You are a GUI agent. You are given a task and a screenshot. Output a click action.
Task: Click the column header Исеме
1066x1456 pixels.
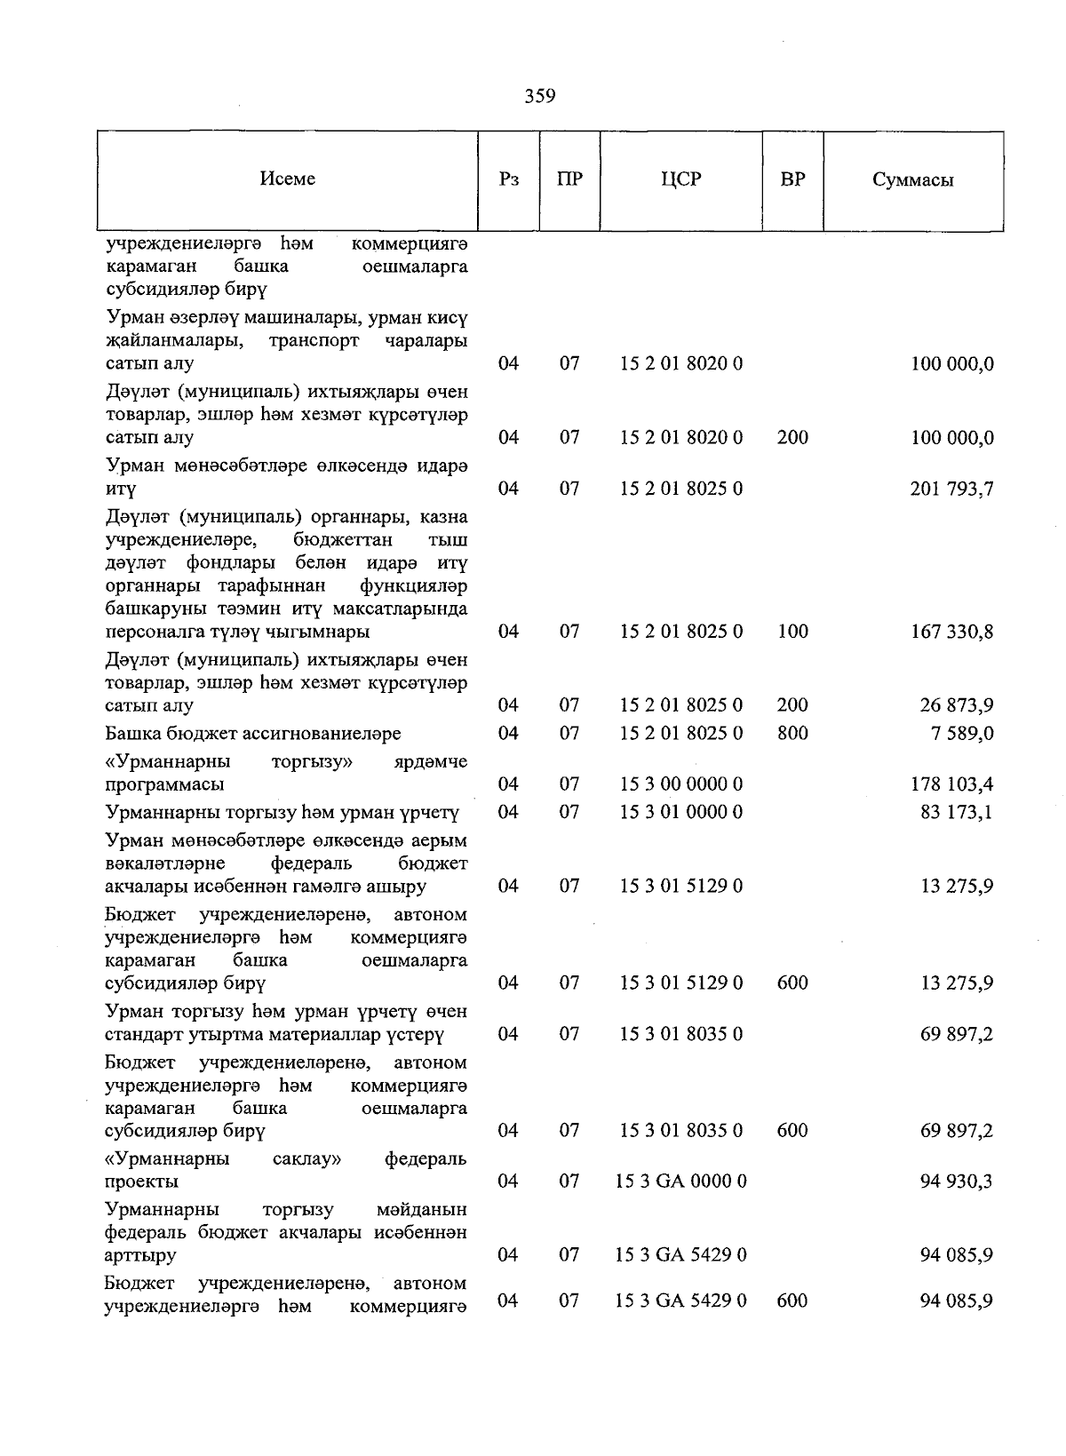coord(288,179)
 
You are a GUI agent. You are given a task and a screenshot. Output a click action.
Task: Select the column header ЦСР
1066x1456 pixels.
coord(680,179)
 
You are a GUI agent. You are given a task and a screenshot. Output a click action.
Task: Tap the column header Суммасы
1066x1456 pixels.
coord(912,179)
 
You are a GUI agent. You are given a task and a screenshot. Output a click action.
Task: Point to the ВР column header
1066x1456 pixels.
coord(792,179)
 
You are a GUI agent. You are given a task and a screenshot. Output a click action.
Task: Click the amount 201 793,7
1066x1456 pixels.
coord(951,489)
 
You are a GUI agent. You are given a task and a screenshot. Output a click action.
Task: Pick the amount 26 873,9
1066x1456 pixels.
coord(957,706)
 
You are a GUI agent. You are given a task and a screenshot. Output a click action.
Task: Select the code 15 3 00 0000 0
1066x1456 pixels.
coord(680,784)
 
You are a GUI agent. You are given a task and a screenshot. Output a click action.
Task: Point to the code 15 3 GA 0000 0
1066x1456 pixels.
coord(680,1182)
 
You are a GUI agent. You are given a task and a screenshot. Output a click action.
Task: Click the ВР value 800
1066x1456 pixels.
coord(792,734)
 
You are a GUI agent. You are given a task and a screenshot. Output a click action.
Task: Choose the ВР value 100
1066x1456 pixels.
coord(792,632)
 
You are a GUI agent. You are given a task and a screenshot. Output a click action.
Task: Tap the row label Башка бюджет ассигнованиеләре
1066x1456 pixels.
coord(253,734)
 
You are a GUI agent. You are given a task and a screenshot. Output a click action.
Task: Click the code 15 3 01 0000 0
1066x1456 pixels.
coord(680,812)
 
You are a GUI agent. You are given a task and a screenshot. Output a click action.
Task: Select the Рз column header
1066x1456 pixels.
coord(509,179)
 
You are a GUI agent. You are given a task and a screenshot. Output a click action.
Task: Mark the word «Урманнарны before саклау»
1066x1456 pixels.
coord(167,1159)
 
